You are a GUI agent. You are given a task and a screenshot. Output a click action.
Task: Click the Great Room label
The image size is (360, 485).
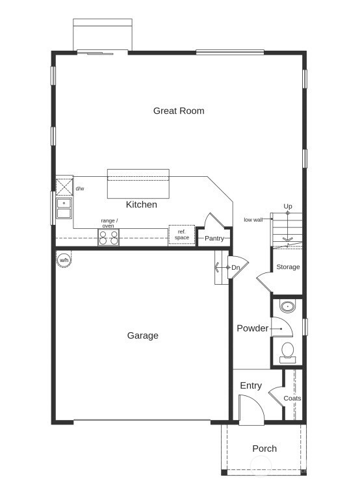[179, 111]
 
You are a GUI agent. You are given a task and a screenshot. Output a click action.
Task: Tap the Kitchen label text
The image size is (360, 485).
[141, 205]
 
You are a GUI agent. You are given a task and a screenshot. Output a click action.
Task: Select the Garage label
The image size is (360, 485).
[142, 335]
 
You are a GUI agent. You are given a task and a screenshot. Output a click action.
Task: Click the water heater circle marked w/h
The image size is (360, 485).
[64, 260]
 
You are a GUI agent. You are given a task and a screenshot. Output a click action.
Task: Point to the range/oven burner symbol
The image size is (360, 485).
[109, 238]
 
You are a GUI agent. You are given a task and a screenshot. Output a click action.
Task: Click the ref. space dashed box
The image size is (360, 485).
[182, 235]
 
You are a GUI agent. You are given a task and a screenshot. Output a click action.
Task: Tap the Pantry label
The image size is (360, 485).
[214, 239]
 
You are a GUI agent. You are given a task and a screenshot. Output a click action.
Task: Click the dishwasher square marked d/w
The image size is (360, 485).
[64, 188]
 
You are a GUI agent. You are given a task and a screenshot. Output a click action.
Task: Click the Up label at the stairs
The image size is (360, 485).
[288, 207]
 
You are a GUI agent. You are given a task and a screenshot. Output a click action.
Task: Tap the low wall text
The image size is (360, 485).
[253, 220]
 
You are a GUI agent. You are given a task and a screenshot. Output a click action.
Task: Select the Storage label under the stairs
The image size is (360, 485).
[288, 267]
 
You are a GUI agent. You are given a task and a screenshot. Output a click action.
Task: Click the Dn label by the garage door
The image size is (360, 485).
[236, 267]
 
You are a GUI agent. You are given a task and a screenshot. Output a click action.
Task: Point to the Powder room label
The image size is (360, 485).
[252, 328]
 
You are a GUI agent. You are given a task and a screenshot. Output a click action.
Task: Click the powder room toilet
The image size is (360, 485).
[287, 352]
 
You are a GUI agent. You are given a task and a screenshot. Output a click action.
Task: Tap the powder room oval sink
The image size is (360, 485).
[287, 307]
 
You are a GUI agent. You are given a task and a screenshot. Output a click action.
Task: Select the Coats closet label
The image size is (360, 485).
[292, 398]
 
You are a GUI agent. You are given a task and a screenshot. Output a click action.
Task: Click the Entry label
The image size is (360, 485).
[251, 386]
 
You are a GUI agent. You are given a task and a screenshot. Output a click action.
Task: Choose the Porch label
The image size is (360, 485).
[264, 449]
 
